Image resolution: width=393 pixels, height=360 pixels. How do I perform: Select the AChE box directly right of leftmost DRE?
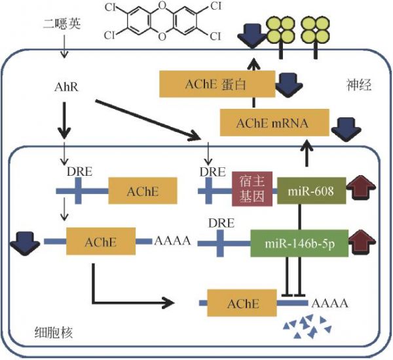click(x=134, y=192)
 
